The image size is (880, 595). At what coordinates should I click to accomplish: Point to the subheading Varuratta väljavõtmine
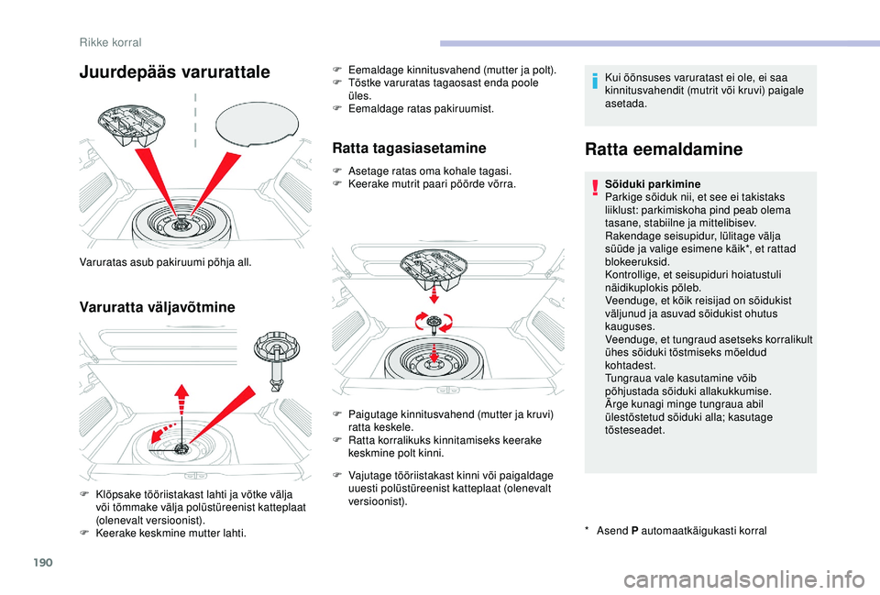click(x=157, y=307)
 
